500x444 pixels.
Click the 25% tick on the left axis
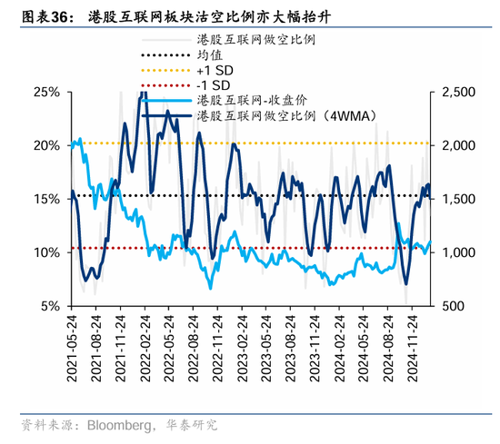pyautogui.click(x=46, y=93)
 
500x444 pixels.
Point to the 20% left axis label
pyautogui.click(x=46, y=145)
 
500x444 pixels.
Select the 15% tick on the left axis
pyautogui.click(x=46, y=199)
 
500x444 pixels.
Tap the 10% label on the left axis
pyautogui.click(x=46, y=252)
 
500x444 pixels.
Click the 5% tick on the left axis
pyautogui.click(x=50, y=306)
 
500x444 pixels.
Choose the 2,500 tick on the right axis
pyautogui.click(x=462, y=93)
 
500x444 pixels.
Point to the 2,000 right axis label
pyautogui.click(x=462, y=145)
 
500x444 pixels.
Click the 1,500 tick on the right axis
pyautogui.click(x=462, y=199)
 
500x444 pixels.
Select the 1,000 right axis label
pyautogui.click(x=462, y=252)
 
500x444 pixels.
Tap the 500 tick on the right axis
pyautogui.click(x=455, y=306)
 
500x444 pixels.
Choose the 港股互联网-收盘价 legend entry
pyautogui.click(x=250, y=100)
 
